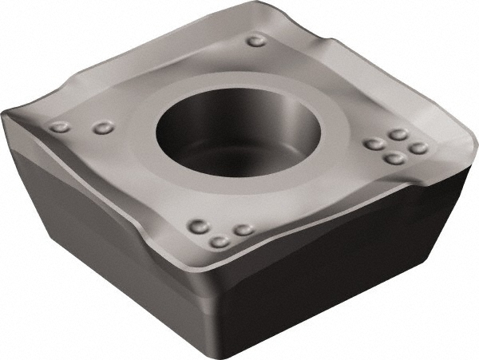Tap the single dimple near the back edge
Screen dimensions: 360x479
256,42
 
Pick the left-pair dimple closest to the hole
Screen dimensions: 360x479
101,127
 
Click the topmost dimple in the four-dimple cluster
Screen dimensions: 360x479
398,135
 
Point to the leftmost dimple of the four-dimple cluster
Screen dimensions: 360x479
372,145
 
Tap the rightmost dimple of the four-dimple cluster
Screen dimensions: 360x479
418,148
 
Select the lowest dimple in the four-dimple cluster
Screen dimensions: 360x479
393,158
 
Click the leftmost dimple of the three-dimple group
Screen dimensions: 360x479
196,226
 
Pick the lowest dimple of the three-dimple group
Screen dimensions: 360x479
220,241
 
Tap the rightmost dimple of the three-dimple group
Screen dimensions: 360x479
243,229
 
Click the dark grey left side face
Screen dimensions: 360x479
104,239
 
